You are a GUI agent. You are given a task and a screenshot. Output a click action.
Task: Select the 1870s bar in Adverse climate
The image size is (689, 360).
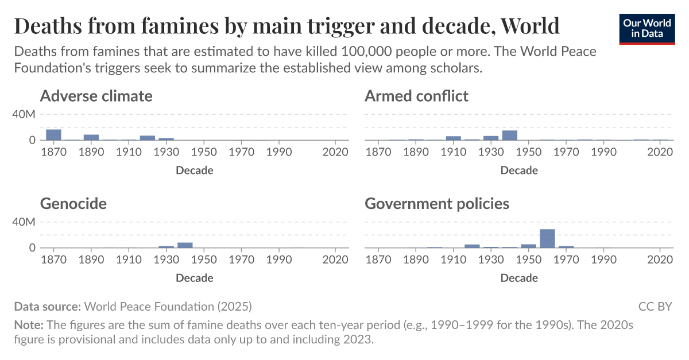pos(53,135)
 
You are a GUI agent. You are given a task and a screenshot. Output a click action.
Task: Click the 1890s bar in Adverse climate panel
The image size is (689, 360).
pos(91,137)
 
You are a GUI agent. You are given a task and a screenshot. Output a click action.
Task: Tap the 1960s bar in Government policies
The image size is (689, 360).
pos(547,238)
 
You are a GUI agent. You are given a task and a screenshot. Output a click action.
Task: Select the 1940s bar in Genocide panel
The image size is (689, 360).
pos(185,245)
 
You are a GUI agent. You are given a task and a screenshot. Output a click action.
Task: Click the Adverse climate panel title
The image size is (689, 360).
pos(96,96)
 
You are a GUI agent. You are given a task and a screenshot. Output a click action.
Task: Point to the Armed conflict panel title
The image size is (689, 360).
pos(416,96)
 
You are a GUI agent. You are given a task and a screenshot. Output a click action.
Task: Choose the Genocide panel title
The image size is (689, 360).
pos(73,204)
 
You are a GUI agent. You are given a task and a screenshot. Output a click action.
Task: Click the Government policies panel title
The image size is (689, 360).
pos(437,204)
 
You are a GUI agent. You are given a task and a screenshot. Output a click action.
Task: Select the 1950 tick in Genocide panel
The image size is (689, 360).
pos(204,260)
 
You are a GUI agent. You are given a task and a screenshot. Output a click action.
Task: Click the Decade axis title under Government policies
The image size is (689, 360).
pos(519,278)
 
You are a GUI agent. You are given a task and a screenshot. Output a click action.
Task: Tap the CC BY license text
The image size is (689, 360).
pos(655,306)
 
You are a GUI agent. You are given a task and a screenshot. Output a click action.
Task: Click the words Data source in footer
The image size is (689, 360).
pos(48,306)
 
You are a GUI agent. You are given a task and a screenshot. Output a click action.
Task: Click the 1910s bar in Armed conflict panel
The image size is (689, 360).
pos(454,138)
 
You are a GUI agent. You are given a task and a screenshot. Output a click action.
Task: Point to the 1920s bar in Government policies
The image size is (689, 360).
pos(472,246)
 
